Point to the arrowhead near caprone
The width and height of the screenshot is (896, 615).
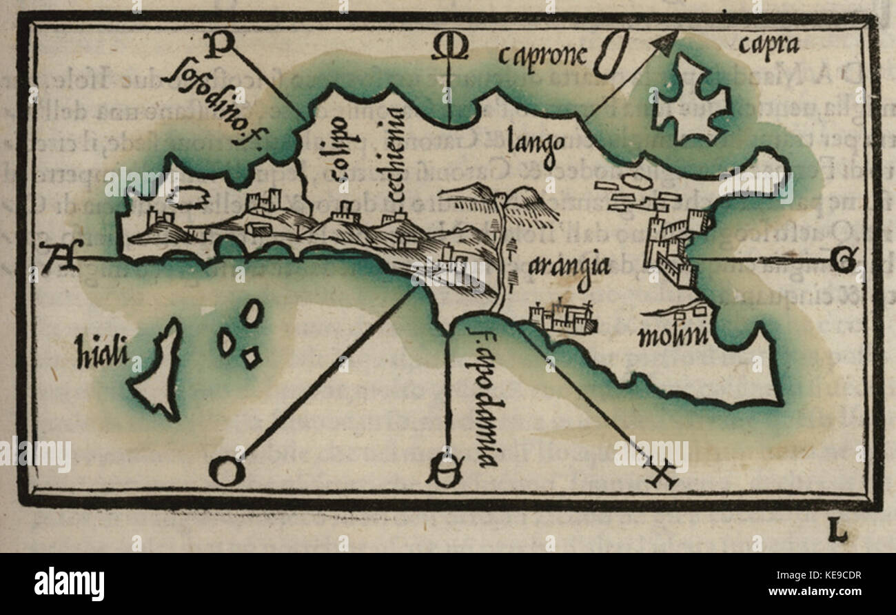coord(666,46)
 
